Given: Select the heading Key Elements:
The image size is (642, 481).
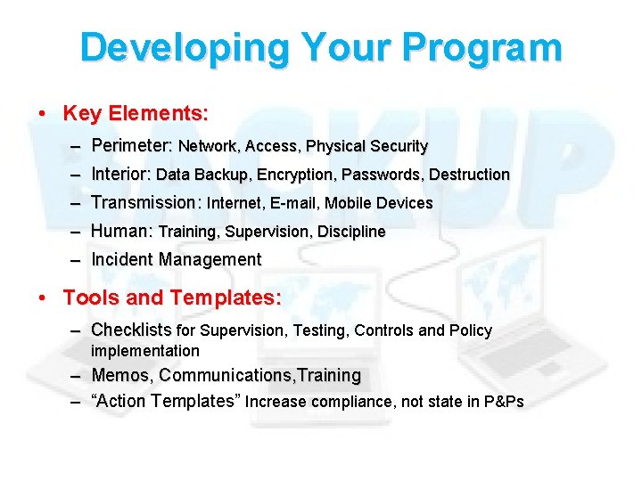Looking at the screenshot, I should pos(136,114).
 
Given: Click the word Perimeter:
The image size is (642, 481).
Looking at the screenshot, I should pos(132,145).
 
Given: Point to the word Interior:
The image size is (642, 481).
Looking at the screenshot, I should pos(121,174).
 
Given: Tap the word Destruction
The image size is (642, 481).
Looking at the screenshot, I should pos(469,175).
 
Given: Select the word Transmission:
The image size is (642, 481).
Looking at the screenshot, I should pos(146,202).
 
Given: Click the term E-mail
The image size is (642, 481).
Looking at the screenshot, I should pos(293,203).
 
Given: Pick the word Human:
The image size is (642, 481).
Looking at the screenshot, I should pos(122,231).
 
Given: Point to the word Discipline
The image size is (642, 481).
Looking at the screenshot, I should pos(351,232).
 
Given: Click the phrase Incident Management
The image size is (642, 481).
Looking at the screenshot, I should pos(177,260).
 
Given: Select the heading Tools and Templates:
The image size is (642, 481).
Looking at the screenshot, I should pos(172,298).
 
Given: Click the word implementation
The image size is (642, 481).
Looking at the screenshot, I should pos(145,351).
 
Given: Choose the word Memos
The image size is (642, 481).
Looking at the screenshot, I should pos(121,375).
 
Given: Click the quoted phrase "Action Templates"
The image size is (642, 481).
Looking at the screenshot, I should pos(166,401).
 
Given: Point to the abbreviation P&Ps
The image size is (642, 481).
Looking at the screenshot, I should pos(504,402).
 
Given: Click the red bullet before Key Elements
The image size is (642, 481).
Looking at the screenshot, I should pos(43,115).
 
